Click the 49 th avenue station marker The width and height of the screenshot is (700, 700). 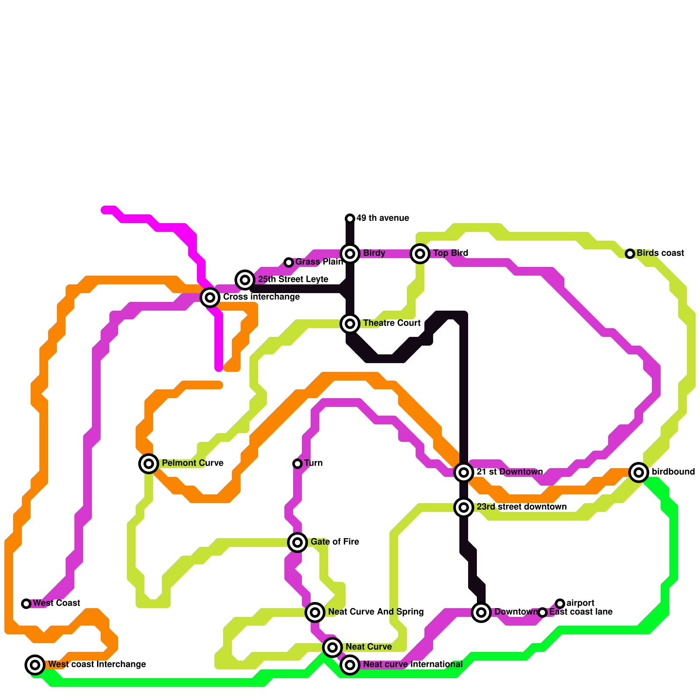[350, 218]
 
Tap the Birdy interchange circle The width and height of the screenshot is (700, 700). [350, 254]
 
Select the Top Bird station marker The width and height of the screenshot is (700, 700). [420, 254]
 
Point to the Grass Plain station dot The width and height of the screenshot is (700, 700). [289, 262]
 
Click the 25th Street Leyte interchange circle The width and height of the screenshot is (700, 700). [245, 280]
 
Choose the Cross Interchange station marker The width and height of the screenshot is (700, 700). [210, 297]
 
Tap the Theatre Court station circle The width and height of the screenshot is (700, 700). [350, 324]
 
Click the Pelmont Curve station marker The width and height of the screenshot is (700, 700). [149, 464]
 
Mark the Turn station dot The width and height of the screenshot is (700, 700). [297, 464]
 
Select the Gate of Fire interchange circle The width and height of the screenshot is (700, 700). [297, 542]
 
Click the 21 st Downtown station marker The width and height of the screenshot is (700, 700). [464, 472]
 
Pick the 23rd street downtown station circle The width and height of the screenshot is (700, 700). [464, 507]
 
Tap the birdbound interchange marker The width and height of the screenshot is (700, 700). [639, 472]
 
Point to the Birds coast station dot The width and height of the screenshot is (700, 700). [630, 254]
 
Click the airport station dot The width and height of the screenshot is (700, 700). [560, 604]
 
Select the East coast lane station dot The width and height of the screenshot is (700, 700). [542, 612]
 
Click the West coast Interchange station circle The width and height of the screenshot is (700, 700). [35, 665]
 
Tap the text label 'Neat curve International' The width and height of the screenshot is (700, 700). [413, 665]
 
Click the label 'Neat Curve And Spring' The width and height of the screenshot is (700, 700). [376, 612]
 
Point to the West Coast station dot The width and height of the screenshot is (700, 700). [26, 604]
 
